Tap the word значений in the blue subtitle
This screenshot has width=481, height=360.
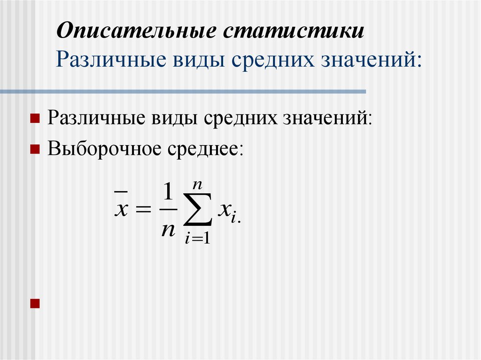372,60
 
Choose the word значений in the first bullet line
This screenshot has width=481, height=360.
326,117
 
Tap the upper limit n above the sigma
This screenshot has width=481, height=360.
198,184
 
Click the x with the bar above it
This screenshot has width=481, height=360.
121,209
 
